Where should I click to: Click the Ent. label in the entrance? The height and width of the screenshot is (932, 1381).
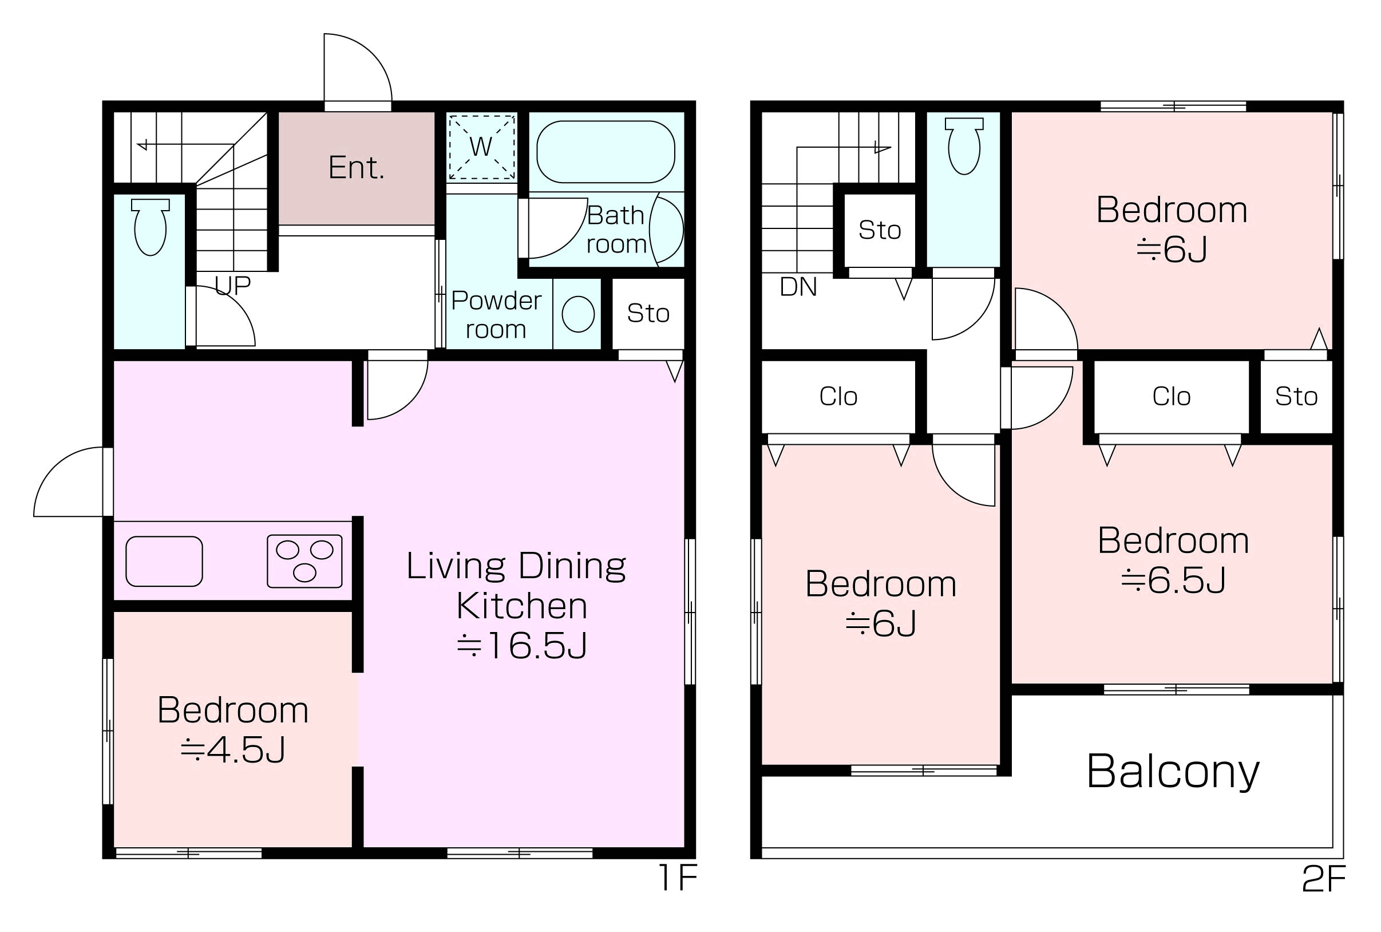pos(357,168)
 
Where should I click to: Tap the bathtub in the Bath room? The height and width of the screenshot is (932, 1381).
pos(606,152)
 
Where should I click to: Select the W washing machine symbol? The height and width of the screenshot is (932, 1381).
pos(481,147)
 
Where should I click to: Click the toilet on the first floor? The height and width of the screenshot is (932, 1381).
pos(151,227)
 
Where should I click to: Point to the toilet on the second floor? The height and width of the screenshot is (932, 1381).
pos(964,146)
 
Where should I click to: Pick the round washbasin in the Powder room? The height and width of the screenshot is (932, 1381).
pos(578,314)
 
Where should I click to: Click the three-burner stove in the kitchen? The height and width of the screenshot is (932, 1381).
pos(305,561)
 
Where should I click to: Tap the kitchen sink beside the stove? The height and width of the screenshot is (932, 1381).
pos(164,561)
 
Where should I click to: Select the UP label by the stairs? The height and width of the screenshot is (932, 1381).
pos(232,286)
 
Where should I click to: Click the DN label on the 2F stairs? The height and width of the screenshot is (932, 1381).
pos(798,287)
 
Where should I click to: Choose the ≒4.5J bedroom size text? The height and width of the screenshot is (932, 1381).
pos(233,749)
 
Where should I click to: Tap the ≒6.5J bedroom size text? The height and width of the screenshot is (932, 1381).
pos(1173,580)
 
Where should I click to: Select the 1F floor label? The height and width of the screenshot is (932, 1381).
pos(678,878)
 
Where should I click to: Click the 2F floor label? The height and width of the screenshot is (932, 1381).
pos(1323,879)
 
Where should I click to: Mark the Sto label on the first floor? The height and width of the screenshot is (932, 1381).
pos(648,313)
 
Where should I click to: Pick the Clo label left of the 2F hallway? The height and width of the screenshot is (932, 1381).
pos(838,397)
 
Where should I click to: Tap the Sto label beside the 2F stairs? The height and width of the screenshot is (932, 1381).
pos(880,230)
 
